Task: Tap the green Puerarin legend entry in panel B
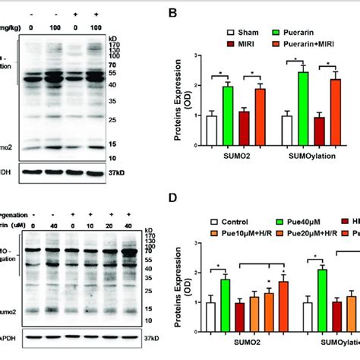click(294, 33)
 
